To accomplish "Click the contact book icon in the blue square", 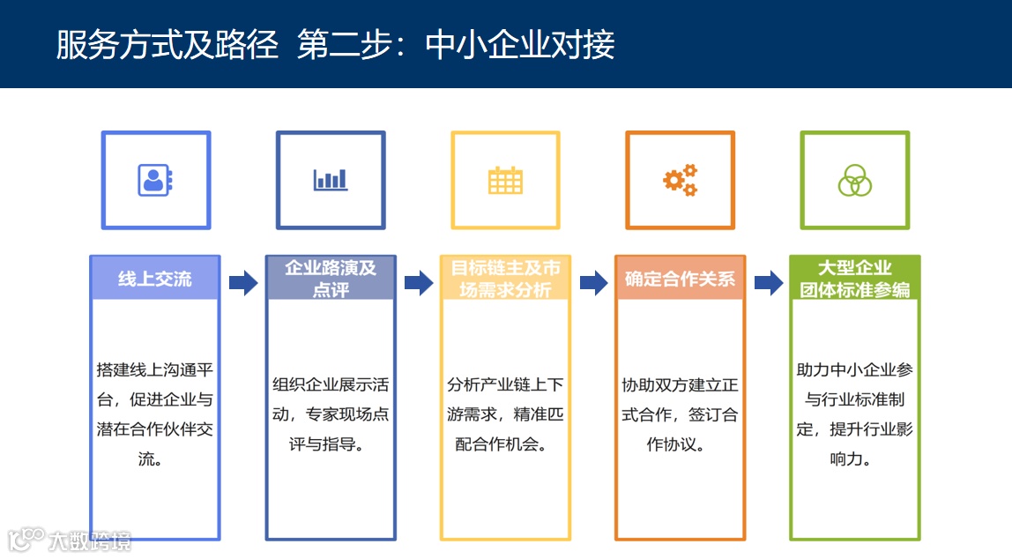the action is (155, 180).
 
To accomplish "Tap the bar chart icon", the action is (331, 180).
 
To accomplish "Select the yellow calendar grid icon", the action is (505, 180).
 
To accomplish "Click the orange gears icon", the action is (680, 180).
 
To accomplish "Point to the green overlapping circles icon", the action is (854, 180).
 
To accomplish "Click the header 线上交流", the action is (155, 279).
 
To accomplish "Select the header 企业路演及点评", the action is (331, 279).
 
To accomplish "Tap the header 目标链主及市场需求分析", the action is (505, 279).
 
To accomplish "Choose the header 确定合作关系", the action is (680, 279).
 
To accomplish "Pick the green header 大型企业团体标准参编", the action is (854, 279).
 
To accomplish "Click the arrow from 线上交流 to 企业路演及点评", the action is (243, 283).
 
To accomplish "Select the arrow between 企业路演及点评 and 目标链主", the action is (419, 283).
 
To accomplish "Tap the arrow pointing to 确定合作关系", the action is (593, 283).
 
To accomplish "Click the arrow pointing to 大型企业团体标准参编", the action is (769, 283).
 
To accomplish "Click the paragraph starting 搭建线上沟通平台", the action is (155, 414).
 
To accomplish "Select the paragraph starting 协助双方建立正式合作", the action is (680, 414).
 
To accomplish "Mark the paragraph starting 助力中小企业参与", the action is (854, 414).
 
